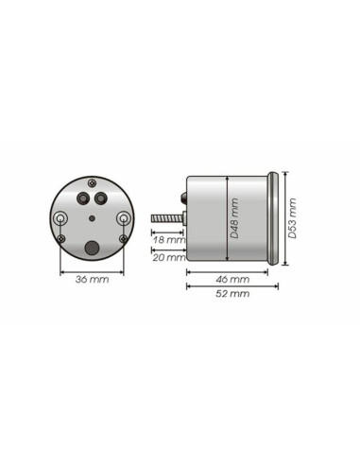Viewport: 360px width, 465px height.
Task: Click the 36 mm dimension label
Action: click(93, 280)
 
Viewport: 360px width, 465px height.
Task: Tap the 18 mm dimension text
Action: click(169, 241)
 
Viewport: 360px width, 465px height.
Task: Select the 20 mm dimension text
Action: click(169, 256)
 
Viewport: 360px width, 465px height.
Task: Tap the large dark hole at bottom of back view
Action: click(92, 248)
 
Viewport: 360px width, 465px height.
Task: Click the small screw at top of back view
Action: click(92, 180)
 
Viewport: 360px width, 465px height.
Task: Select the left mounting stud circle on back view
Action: click(61, 218)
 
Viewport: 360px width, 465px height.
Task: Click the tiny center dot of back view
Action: click(92, 218)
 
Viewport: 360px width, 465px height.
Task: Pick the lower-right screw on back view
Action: click(123, 238)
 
